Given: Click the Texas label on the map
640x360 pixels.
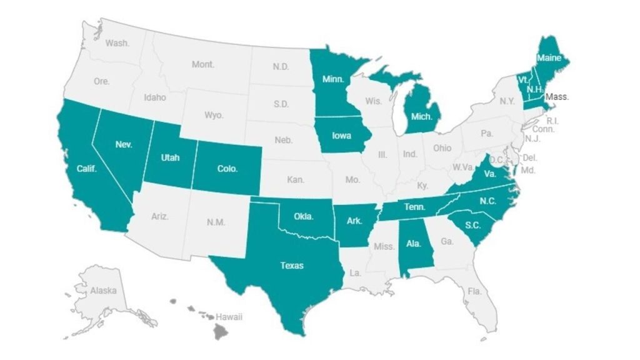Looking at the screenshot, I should coord(291,266).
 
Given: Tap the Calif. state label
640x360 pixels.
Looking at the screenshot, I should coord(86,169).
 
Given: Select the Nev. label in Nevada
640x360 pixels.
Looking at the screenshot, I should coord(124,144).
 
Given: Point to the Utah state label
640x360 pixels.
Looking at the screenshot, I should coord(170,157).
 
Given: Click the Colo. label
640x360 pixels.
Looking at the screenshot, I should coord(227,169).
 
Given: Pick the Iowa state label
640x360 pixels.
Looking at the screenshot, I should coord(342,136).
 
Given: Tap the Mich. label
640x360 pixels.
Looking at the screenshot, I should coord(422,116).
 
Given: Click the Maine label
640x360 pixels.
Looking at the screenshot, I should coord(549,58).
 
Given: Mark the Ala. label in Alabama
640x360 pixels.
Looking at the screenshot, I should coord(413,244).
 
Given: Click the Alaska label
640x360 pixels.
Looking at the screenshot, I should coord(103,291).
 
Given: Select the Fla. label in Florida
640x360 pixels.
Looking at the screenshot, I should coord(474,291).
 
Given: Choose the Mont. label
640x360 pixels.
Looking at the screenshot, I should coord(203,64).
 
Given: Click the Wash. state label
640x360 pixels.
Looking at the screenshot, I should coord(117,43).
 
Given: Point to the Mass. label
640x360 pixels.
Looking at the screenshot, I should coord(556,97).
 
